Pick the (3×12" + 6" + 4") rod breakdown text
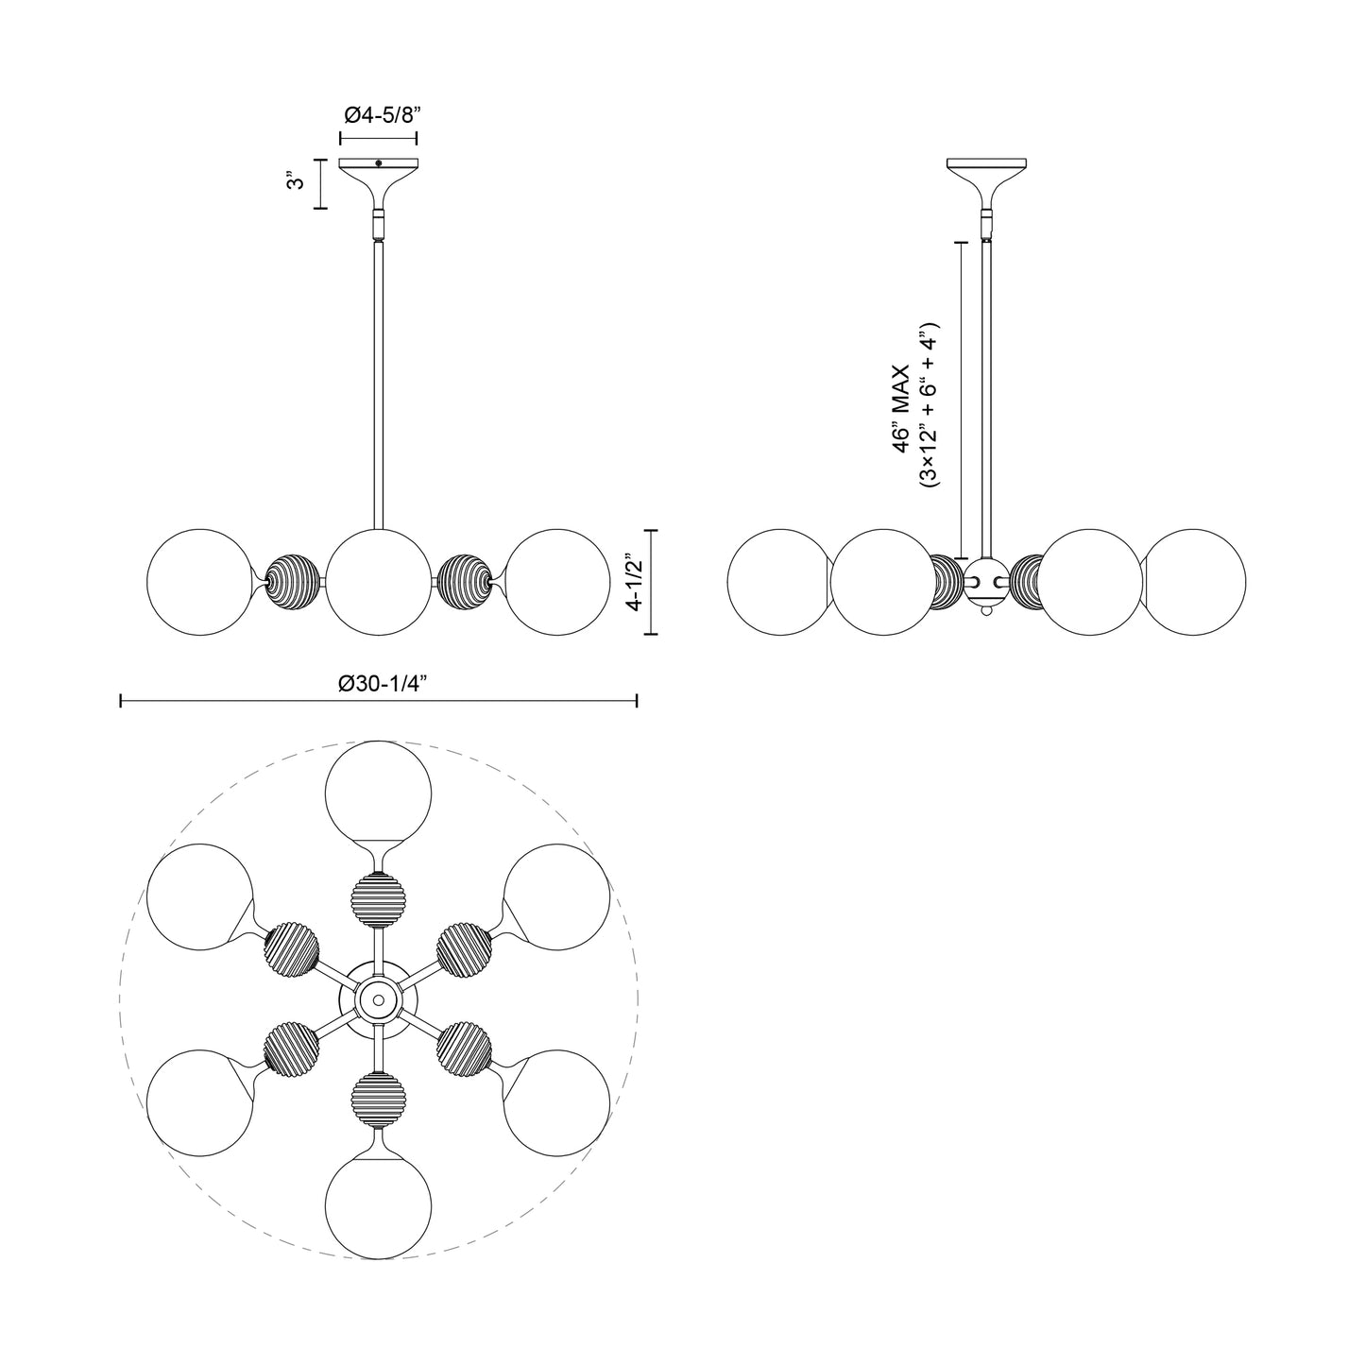point(930,407)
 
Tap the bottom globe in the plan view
point(378,1205)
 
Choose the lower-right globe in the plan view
point(556,1102)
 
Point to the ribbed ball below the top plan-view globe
point(378,894)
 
